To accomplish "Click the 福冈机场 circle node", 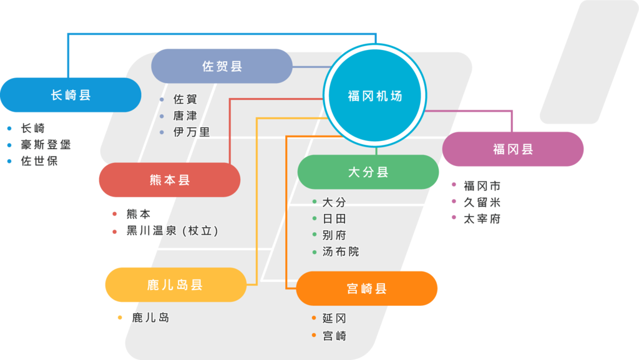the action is point(375,95).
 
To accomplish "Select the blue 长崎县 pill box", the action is point(71,95).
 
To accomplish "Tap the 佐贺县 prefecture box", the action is point(222,66).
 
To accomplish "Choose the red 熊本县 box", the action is point(170,180).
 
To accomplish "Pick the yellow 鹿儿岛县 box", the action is point(175,285).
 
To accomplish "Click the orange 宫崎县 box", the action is point(367,288).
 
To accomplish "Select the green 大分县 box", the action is point(368,172).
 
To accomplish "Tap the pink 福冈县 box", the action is point(513,149).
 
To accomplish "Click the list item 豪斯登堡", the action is point(46,145).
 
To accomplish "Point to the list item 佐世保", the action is point(39,161).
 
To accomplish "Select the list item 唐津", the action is point(185,115).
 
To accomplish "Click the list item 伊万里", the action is point(192,132).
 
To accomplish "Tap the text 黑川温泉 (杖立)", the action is point(172,230).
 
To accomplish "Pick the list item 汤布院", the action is point(341,251).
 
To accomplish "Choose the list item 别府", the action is point(334,235).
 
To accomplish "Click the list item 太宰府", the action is point(482,219).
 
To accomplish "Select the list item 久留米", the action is point(482,202).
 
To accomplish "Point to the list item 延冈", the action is point(334,318).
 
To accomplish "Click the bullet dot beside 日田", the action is point(315,218).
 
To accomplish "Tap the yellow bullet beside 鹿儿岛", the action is point(120,317).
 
